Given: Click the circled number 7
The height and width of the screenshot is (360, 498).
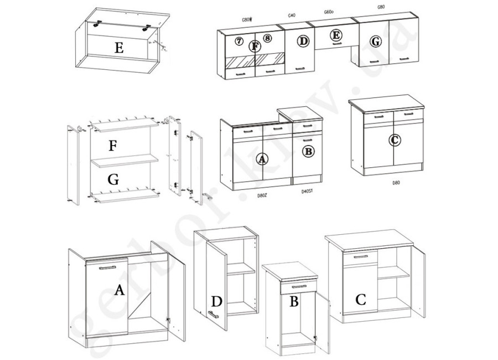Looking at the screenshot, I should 239,41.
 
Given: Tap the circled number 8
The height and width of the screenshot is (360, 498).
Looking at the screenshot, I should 268,39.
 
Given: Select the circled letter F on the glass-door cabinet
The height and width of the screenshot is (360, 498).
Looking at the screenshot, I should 255,46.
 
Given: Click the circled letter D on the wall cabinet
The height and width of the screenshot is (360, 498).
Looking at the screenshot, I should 303,42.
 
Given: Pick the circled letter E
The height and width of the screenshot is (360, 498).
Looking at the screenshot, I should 335,35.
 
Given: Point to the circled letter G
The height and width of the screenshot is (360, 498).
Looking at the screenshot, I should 375,42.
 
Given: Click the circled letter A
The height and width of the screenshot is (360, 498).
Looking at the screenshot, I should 262,160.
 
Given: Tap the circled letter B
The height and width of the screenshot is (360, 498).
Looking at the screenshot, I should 308,150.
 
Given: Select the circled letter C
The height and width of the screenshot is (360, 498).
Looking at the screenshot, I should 395,141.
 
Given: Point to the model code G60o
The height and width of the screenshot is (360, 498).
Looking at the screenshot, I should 331,12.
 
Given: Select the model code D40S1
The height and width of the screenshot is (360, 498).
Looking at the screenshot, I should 307,192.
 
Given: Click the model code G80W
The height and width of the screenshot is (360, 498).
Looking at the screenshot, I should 247,19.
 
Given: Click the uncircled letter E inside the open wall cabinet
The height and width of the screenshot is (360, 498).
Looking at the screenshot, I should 118,48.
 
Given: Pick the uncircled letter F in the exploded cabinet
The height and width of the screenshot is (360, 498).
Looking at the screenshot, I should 112,146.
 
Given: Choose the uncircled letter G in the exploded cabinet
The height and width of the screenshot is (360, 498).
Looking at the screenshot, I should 112,179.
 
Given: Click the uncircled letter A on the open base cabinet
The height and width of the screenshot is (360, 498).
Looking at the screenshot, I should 118,289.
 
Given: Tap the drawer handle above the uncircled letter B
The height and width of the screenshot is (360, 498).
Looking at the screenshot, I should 293,286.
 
